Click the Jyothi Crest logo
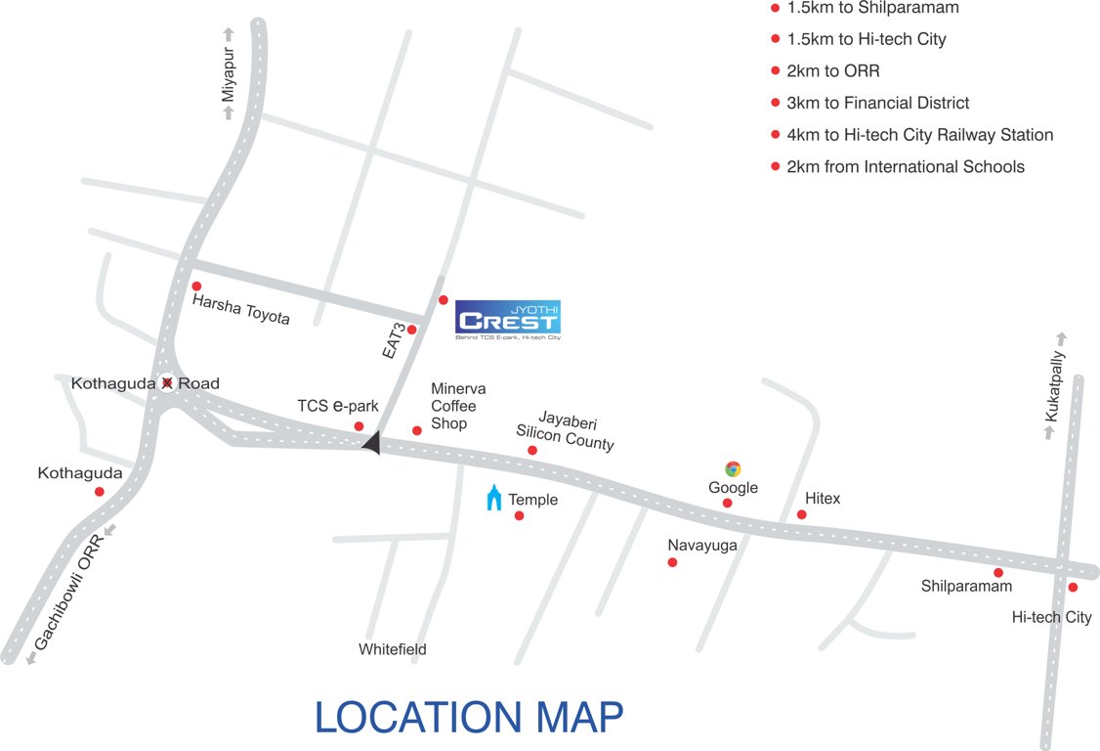508,320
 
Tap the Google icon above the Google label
733,468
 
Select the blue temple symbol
494,498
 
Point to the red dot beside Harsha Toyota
198,286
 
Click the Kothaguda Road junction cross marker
168,383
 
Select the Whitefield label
392,649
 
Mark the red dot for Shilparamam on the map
998,573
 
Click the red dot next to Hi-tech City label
1073,588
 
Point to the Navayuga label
702,546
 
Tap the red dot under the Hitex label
802,514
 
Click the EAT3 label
395,337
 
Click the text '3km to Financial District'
877,103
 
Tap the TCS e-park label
338,406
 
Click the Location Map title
469,717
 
